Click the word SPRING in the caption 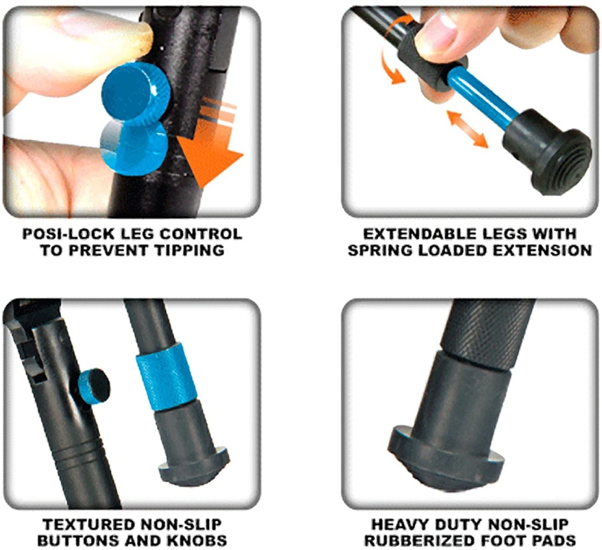tap(379, 250)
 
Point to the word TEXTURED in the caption tap(87, 524)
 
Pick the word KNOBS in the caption tap(198, 540)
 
